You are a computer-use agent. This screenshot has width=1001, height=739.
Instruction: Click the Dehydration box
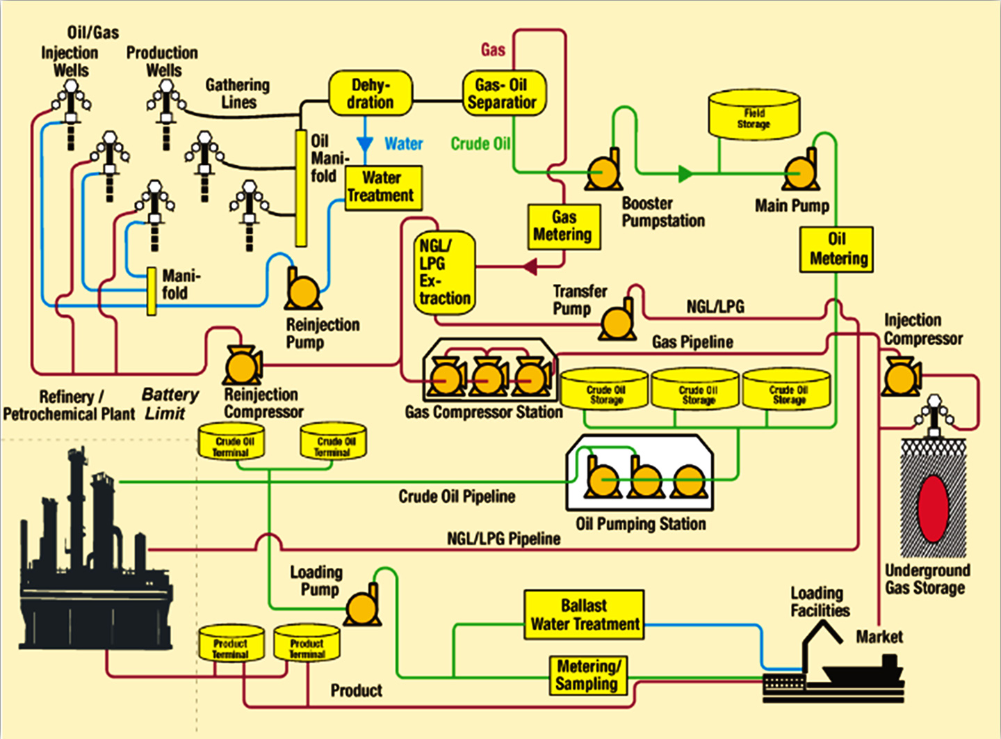[x=370, y=94]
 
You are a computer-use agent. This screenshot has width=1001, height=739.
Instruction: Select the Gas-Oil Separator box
[x=503, y=94]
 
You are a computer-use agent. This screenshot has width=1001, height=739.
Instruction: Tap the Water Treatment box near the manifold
[x=382, y=187]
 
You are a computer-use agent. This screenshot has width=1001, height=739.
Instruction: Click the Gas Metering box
[x=563, y=227]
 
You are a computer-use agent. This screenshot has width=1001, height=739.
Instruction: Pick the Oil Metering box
[x=836, y=249]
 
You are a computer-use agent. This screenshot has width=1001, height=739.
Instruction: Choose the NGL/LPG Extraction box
[x=445, y=273]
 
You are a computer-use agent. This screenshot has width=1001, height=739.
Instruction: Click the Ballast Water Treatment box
[x=584, y=615]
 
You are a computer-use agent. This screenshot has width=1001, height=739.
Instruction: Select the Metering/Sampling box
[x=587, y=675]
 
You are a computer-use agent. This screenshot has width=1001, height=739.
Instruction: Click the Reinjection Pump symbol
[x=303, y=290]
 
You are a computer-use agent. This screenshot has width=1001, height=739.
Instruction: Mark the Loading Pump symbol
[x=363, y=606]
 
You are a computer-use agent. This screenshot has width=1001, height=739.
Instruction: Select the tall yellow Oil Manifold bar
[x=301, y=188]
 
